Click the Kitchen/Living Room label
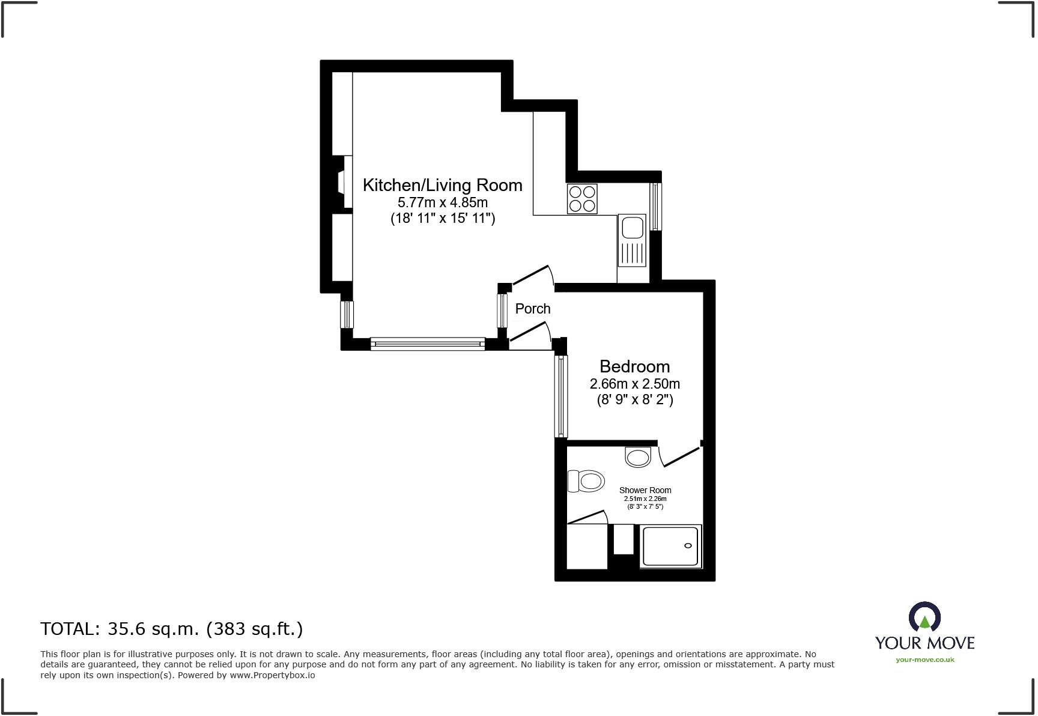coord(442,185)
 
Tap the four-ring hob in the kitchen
coord(582,199)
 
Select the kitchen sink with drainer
coord(632,240)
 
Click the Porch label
coord(532,309)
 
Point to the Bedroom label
coord(634,366)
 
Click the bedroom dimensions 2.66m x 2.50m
coord(634,384)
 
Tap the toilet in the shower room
coord(586,481)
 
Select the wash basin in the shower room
coord(638,457)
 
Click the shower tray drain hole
coord(688,545)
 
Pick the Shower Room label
coord(645,490)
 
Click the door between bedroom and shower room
coord(680,457)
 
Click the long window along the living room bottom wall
coord(427,344)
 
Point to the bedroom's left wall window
coord(560,396)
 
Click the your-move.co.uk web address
coord(924,660)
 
